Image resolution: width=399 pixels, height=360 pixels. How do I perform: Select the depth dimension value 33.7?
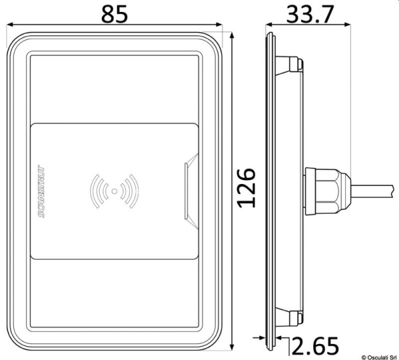coord(311,14)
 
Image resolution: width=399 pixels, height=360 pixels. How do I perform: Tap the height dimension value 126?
coord(246,188)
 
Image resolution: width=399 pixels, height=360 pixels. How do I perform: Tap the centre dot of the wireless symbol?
coord(114,191)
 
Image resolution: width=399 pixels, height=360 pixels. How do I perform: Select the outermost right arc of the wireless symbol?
coord(136,191)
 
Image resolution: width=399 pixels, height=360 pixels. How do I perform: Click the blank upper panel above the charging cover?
coord(114,90)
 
